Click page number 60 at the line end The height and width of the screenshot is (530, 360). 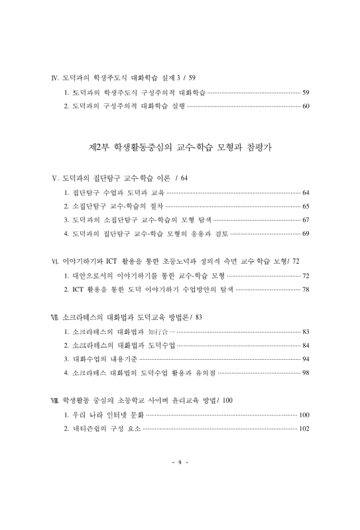306,106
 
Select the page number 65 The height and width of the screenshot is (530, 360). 306,207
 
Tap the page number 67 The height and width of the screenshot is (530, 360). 306,220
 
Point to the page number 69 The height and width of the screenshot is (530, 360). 306,234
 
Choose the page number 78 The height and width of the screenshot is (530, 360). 306,290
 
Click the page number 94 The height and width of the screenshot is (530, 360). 306,359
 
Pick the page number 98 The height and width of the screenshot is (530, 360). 306,373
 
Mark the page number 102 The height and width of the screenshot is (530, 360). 304,429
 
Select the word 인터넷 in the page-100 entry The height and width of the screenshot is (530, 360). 117,415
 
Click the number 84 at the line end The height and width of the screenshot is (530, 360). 306,345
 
